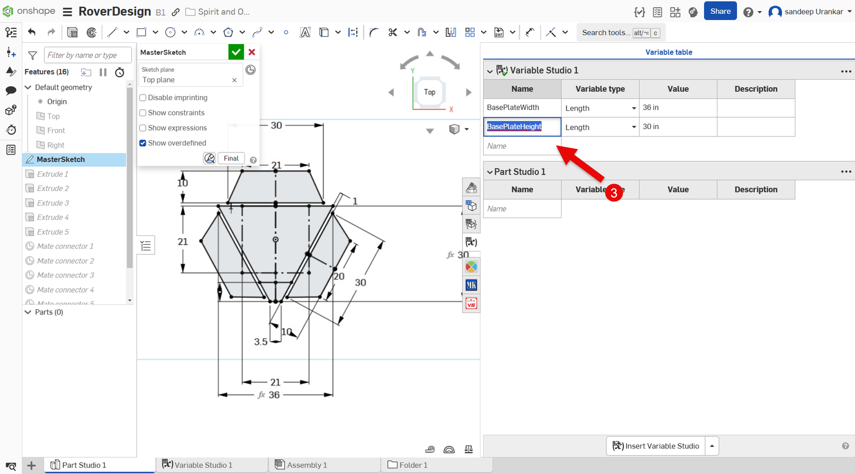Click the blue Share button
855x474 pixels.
point(720,11)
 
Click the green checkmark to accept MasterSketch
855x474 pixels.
point(236,52)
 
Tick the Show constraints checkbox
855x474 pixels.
point(143,113)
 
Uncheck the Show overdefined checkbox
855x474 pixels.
point(143,143)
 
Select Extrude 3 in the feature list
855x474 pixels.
point(53,203)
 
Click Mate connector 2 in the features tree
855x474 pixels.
point(65,261)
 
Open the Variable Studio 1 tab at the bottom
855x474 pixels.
point(203,465)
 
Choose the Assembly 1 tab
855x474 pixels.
point(307,465)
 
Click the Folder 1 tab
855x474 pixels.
point(413,465)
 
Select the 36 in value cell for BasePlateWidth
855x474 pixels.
point(677,107)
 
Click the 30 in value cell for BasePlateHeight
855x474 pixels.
point(677,127)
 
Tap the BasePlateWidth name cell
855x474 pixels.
point(522,107)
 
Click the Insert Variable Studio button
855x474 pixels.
point(656,446)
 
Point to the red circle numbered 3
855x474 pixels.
point(613,192)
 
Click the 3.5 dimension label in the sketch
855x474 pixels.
point(261,342)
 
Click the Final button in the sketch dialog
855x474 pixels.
point(231,159)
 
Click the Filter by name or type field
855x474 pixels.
point(87,55)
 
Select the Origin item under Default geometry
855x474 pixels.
point(57,102)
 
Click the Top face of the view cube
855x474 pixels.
point(429,92)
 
